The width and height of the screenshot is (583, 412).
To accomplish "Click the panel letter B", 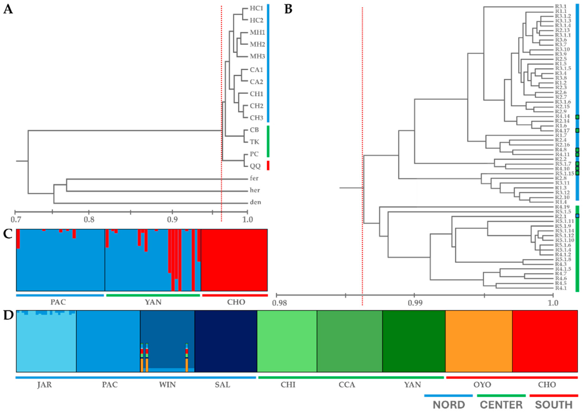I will pyautogui.click(x=288, y=9).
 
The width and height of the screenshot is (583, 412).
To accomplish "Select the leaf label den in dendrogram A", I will pyautogui.click(x=255, y=202).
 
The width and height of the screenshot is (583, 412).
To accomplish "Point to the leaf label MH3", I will pyautogui.click(x=257, y=56).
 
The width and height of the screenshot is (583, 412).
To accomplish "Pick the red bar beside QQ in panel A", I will pyautogui.click(x=268, y=165).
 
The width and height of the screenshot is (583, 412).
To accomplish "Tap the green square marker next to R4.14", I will pyautogui.click(x=577, y=117).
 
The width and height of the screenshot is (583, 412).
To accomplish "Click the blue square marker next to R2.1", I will pyautogui.click(x=577, y=216).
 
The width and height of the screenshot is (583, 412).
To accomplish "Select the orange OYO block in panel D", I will pyautogui.click(x=479, y=341).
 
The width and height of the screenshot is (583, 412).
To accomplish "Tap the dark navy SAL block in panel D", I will pyautogui.click(x=226, y=341).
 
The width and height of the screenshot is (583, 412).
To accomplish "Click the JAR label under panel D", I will pyautogui.click(x=44, y=385).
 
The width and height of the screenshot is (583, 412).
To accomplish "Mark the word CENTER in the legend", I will pyautogui.click(x=501, y=405).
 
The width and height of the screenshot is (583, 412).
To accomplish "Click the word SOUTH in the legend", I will pyautogui.click(x=554, y=405).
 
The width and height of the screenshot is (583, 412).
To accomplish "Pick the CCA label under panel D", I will pyautogui.click(x=347, y=385).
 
